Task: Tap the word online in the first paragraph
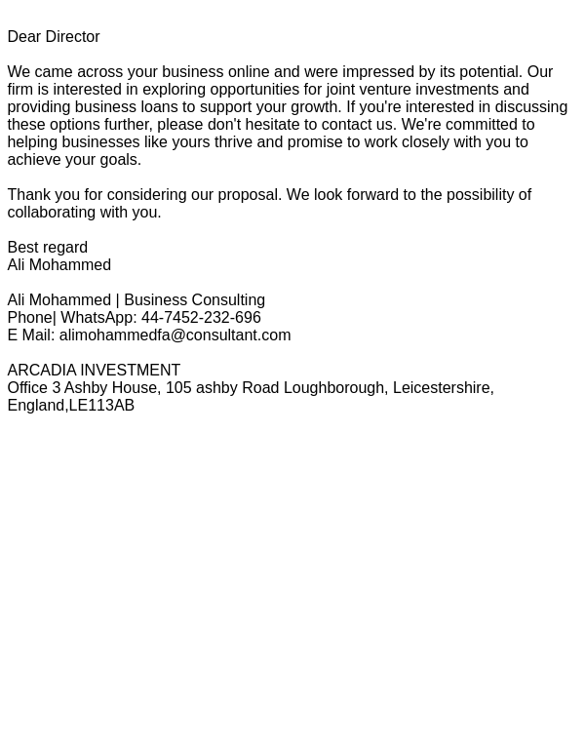click(x=248, y=72)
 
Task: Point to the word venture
click(x=385, y=90)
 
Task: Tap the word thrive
click(x=233, y=142)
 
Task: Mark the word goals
click(x=119, y=160)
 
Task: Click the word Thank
click(x=30, y=195)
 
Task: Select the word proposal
click(x=249, y=195)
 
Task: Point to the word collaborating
click(x=51, y=213)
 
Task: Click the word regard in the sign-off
click(x=62, y=248)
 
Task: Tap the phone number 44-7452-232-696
click(x=200, y=318)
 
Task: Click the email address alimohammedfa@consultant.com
click(x=175, y=335)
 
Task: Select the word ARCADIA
click(x=41, y=371)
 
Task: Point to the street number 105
click(x=177, y=388)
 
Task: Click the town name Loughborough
click(x=333, y=388)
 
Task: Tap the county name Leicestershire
click(x=442, y=388)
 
